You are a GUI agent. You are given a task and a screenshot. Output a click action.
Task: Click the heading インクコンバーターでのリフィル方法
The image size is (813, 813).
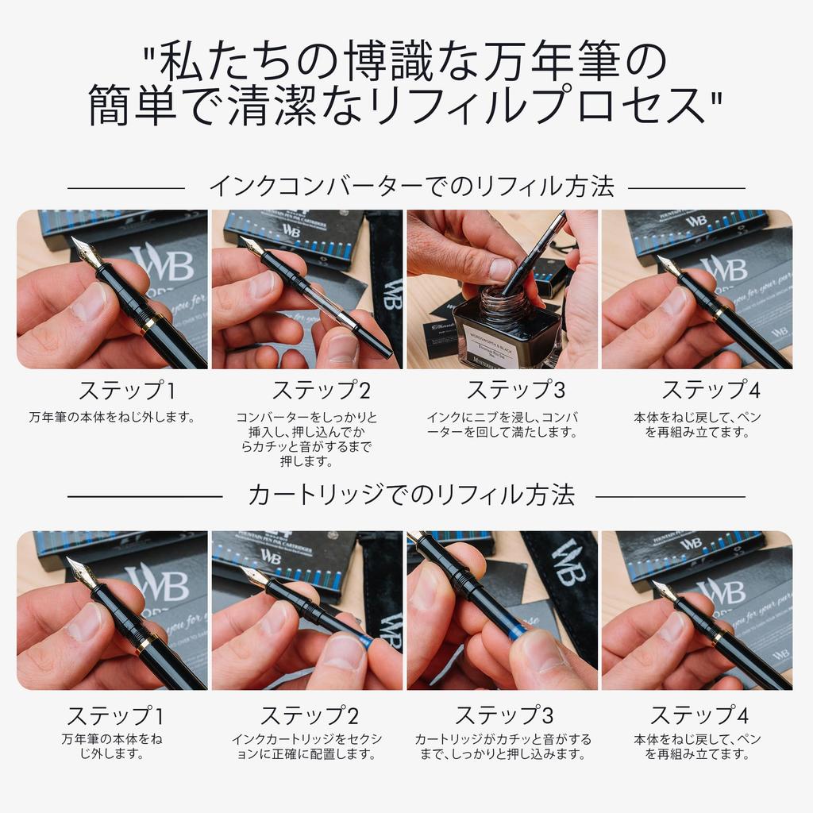pyautogui.click(x=410, y=187)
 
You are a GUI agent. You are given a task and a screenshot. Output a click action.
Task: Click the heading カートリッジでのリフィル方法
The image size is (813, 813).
pyautogui.click(x=410, y=495)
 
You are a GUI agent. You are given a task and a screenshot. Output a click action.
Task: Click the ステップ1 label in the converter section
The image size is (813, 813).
pyautogui.click(x=126, y=391)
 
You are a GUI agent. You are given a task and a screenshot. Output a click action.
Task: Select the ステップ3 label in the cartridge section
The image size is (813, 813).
pyautogui.click(x=503, y=715)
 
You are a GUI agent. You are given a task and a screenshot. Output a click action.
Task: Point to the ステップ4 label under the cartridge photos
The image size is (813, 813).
pyautogui.click(x=699, y=715)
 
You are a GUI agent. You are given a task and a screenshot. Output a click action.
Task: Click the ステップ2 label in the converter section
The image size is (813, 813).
pyautogui.click(x=321, y=391)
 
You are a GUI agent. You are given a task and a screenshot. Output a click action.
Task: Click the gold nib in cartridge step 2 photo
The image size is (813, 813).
pyautogui.click(x=254, y=576)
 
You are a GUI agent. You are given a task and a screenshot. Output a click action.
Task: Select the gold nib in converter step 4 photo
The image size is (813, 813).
pyautogui.click(x=669, y=265)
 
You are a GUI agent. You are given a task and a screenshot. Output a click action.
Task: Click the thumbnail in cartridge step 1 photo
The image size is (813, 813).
pyautogui.click(x=86, y=622)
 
